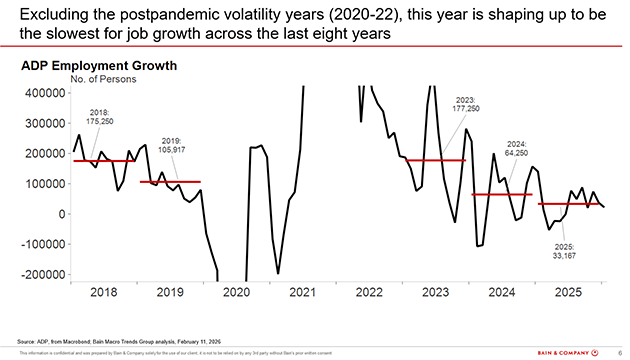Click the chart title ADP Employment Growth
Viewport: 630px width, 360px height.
point(99,66)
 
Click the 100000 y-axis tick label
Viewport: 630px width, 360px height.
point(44,183)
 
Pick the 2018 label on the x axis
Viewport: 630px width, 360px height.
point(104,294)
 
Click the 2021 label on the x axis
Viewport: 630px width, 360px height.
point(302,294)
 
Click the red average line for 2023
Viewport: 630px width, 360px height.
point(436,160)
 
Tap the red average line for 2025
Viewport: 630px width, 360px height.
point(570,204)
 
